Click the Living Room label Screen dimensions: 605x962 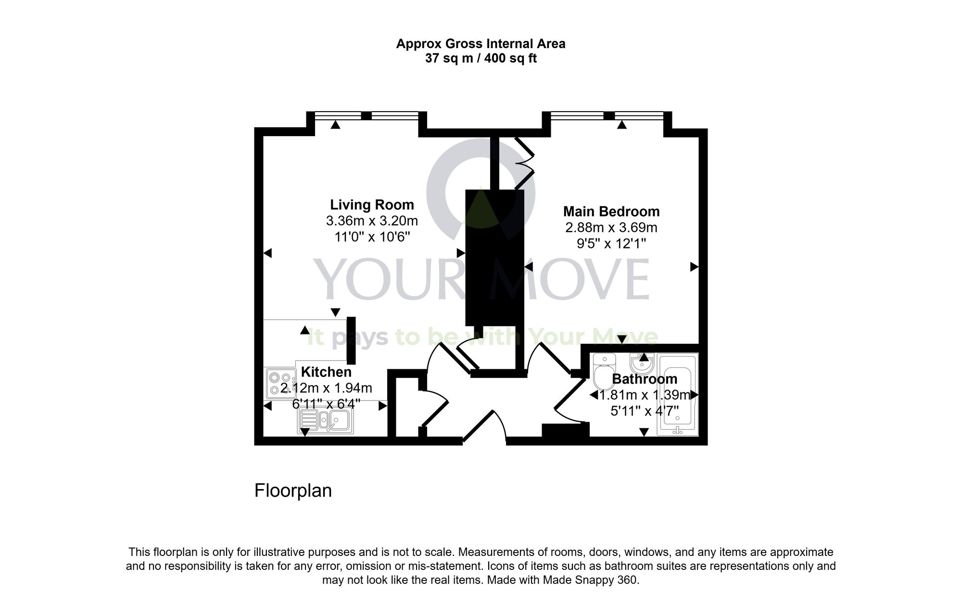tap(372, 205)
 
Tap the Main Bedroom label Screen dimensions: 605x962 tap(611, 212)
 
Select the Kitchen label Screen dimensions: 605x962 tap(326, 372)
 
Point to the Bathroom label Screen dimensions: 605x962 tap(645, 379)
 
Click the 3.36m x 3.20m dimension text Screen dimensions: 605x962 tap(372, 221)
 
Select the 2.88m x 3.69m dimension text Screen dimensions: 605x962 tap(611, 228)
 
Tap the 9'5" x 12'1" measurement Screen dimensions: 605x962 tap(611, 244)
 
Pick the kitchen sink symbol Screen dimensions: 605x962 tap(326, 422)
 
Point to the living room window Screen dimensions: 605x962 tap(367, 116)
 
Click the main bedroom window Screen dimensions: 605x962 tap(609, 116)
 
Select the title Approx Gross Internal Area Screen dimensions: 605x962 tap(481, 44)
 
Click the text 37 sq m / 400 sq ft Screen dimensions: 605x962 tap(481, 59)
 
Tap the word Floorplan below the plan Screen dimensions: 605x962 tap(293, 490)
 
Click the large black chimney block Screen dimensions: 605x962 tap(494, 257)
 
